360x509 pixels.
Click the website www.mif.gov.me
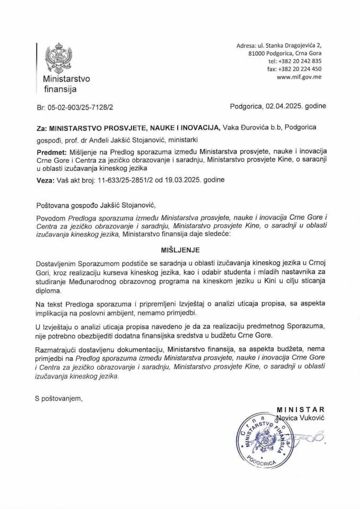coord(299,77)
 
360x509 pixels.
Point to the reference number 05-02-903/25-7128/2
coord(83,107)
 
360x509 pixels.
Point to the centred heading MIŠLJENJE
coord(179,248)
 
